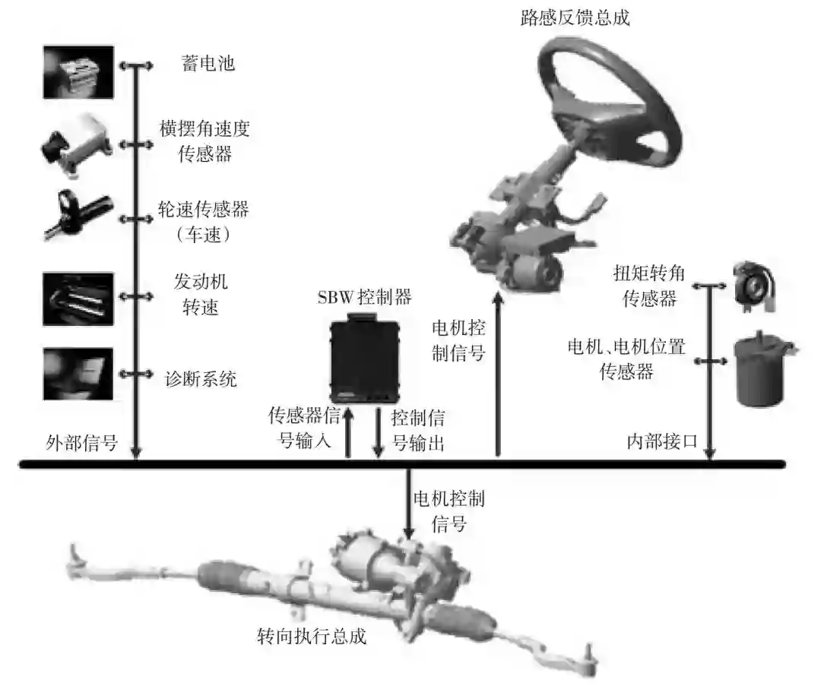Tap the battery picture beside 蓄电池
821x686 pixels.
pyautogui.click(x=78, y=72)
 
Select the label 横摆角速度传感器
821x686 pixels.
pyautogui.click(x=204, y=141)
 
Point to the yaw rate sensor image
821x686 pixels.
pyautogui.click(x=78, y=144)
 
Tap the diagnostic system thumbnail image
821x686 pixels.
pyautogui.click(x=78, y=373)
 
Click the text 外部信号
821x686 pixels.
pyautogui.click(x=82, y=442)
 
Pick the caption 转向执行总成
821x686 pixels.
pyautogui.click(x=312, y=636)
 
